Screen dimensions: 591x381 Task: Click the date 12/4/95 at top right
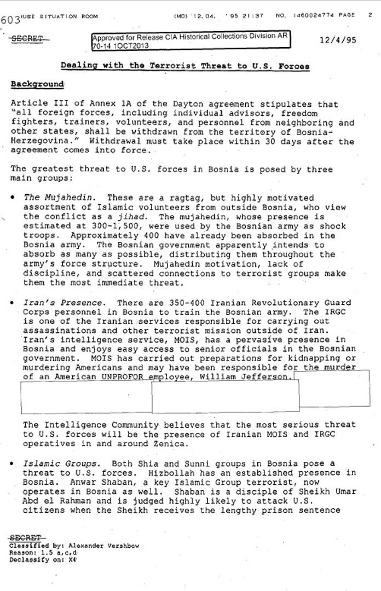(x=338, y=40)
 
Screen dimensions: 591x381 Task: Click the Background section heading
(x=37, y=84)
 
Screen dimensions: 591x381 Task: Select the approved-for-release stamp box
(x=190, y=41)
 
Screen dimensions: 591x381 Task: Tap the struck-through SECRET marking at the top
(x=27, y=39)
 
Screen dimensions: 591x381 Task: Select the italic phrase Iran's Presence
(x=62, y=303)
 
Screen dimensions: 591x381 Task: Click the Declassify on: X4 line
(x=43, y=559)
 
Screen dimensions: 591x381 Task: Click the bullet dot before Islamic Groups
(x=12, y=463)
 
